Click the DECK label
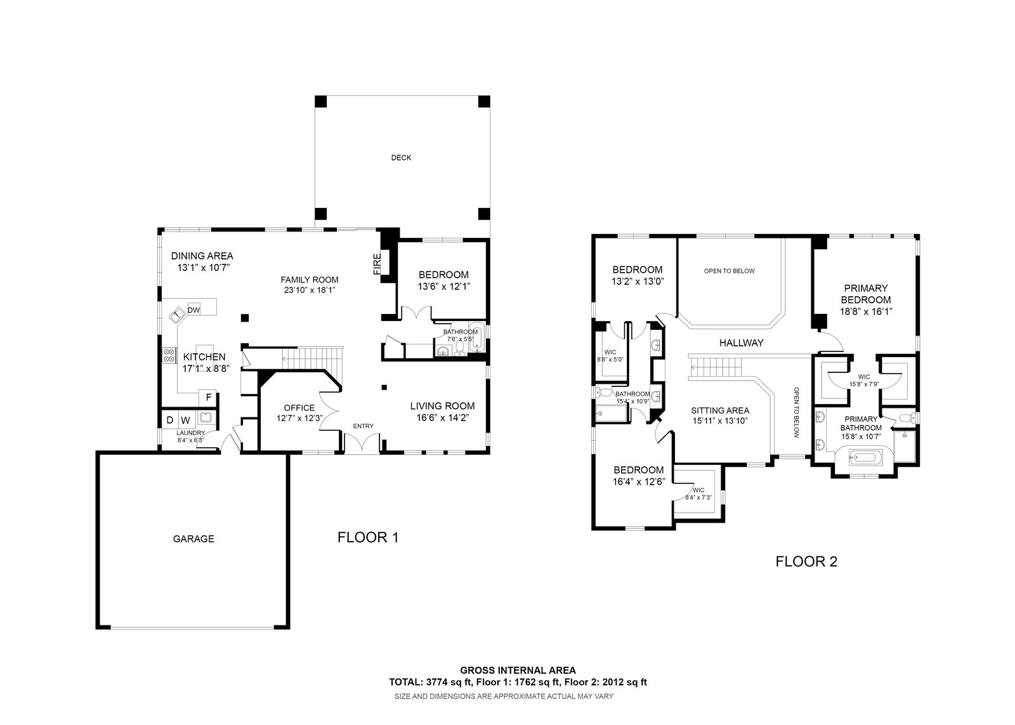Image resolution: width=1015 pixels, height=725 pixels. pyautogui.click(x=401, y=158)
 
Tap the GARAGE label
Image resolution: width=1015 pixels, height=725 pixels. pyautogui.click(x=193, y=539)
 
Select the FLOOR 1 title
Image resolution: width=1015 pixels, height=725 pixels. pyautogui.click(x=368, y=537)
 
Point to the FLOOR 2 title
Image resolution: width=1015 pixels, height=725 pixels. pyautogui.click(x=806, y=562)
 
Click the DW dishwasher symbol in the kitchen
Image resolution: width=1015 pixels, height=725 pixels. pyautogui.click(x=194, y=310)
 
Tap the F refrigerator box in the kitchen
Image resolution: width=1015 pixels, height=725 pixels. pyautogui.click(x=209, y=398)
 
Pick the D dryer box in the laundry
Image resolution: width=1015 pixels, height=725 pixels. pyautogui.click(x=170, y=420)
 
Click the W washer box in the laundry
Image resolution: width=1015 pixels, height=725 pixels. pyautogui.click(x=186, y=420)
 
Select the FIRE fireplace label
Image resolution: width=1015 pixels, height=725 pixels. pyautogui.click(x=377, y=264)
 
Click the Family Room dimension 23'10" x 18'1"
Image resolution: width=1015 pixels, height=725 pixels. pyautogui.click(x=310, y=290)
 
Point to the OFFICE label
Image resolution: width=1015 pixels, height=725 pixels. pyautogui.click(x=299, y=408)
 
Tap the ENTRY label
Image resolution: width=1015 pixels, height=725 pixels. pyautogui.click(x=363, y=426)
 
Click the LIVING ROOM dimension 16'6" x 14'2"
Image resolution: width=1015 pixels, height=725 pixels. pyautogui.click(x=443, y=418)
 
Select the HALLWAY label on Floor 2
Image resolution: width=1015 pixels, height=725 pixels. pyautogui.click(x=742, y=343)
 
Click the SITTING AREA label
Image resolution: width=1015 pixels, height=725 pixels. pyautogui.click(x=720, y=410)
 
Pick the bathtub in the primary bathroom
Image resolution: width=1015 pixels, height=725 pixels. pyautogui.click(x=865, y=457)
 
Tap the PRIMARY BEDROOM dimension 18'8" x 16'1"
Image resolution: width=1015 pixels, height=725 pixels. pyautogui.click(x=866, y=311)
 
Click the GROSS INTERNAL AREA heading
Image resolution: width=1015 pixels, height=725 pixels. pyautogui.click(x=518, y=670)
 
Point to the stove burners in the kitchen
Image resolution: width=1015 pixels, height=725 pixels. pyautogui.click(x=169, y=356)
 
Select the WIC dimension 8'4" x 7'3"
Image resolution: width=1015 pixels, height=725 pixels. pyautogui.click(x=698, y=497)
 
